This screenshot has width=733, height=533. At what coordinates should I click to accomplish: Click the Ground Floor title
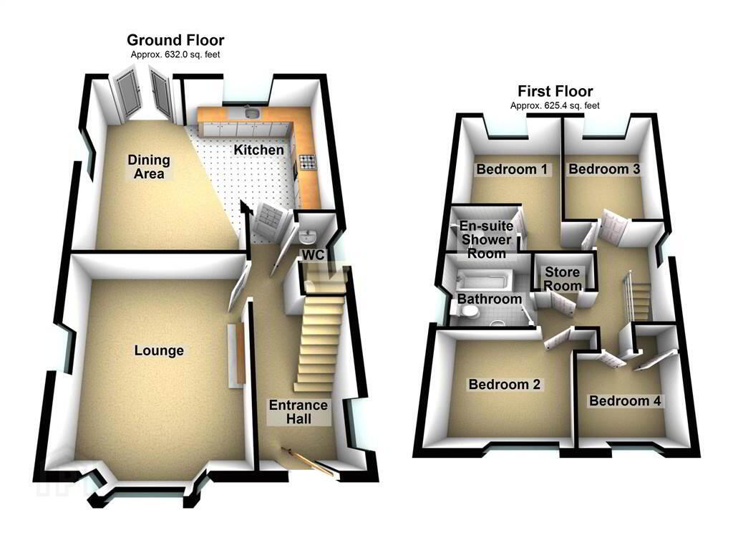[x=175, y=40]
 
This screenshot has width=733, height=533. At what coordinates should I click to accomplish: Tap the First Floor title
[x=555, y=91]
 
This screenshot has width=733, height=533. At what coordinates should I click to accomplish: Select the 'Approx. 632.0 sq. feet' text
[x=175, y=54]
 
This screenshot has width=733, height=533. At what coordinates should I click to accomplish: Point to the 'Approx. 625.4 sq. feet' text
[x=555, y=106]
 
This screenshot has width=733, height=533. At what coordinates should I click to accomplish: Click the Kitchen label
[x=258, y=150]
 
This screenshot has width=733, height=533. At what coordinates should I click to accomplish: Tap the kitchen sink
[x=253, y=112]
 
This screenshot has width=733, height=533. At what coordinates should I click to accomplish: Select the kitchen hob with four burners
[x=308, y=162]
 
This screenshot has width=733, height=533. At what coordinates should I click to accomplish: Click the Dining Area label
[x=149, y=167]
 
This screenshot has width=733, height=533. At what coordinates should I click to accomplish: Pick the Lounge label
[x=159, y=350]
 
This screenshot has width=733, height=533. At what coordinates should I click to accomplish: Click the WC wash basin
[x=308, y=237]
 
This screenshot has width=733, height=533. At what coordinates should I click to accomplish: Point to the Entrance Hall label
[x=298, y=412]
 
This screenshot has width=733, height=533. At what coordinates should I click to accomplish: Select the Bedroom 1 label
[x=512, y=169]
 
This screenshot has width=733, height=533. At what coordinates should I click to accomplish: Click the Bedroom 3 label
[x=604, y=169]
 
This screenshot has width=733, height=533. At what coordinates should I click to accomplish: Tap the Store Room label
[x=563, y=279]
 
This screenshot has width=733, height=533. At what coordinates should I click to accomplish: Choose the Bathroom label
[x=490, y=299]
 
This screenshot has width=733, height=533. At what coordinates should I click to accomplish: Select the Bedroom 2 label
[x=505, y=385]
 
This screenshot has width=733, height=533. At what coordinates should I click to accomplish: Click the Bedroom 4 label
[x=625, y=401]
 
